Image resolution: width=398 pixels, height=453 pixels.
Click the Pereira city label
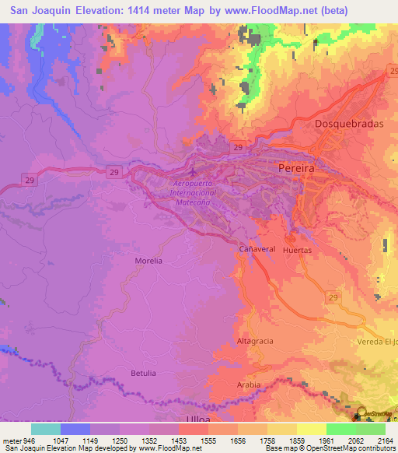point(295,168)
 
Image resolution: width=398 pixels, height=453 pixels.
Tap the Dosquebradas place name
point(346,124)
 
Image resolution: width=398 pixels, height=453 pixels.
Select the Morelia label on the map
point(148,261)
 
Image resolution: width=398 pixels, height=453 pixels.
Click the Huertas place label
point(298,251)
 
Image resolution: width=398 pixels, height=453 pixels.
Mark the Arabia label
point(248,385)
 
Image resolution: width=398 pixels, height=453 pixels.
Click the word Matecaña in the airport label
point(191,201)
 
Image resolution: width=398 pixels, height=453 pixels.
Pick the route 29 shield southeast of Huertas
point(333,297)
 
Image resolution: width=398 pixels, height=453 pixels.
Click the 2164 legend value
point(384,440)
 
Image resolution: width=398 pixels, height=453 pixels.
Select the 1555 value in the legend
point(208,440)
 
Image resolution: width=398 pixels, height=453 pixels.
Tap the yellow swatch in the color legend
point(312,429)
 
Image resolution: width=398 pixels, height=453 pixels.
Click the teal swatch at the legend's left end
point(46,429)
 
